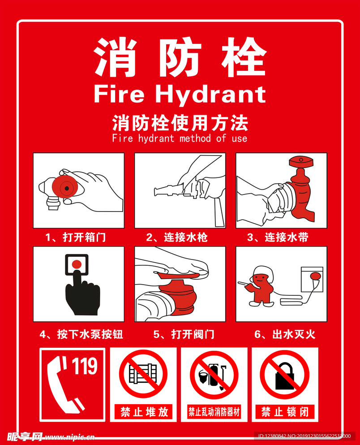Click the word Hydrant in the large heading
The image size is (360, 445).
pos(210,95)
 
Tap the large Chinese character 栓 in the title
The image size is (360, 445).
pos(244,57)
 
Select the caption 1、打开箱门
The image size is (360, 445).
pos(75,237)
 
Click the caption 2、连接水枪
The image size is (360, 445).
pos(177,237)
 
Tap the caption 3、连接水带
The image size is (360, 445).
pos(278,237)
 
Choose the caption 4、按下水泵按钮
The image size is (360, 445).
pos(81,334)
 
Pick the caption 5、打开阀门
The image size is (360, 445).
pos(184,334)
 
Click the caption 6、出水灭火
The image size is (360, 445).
pos(285,334)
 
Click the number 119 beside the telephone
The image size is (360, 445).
pos(85,366)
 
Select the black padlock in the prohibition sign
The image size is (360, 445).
pos(285,376)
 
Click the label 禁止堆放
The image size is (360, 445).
pos(144,412)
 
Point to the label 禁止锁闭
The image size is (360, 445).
pos(285,412)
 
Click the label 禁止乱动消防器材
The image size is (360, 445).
pos(214,412)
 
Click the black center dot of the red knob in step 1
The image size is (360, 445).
pos(67,188)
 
